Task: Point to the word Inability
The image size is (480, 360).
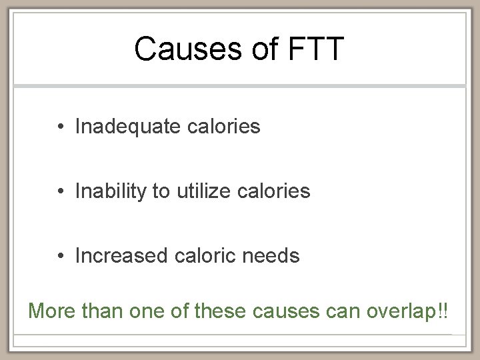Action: click(x=111, y=191)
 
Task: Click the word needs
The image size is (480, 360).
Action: click(x=273, y=255)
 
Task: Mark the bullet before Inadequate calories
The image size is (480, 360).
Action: click(x=60, y=127)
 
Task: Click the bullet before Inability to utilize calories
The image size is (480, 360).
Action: click(x=60, y=192)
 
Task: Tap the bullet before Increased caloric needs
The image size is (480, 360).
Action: click(x=60, y=256)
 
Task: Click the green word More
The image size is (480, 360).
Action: click(x=51, y=311)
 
